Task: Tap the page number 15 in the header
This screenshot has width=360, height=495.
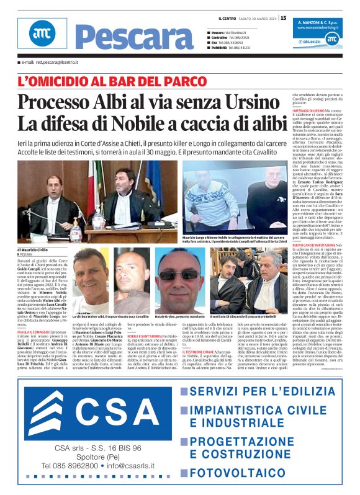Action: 283,17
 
